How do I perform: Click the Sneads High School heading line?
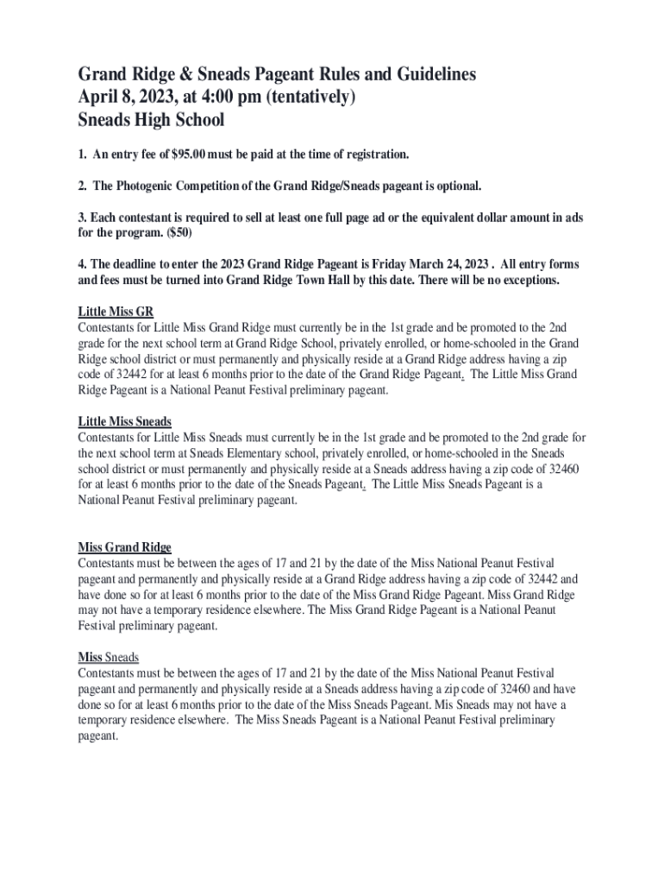151,120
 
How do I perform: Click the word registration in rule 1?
372,155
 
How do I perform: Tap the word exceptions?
526,281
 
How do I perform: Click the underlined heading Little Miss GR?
116,312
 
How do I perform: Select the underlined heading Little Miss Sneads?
124,421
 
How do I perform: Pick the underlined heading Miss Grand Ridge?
124,547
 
